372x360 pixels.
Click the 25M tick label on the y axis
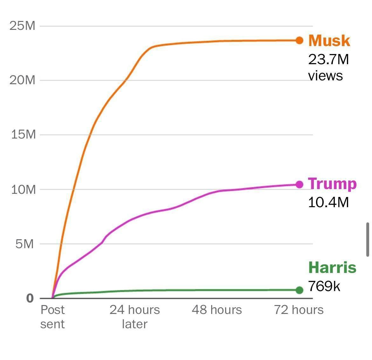click(x=22, y=26)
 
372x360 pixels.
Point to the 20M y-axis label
click(x=22, y=80)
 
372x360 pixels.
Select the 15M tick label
click(x=23, y=135)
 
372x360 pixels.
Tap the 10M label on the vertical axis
click(x=23, y=190)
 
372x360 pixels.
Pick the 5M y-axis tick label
click(x=24, y=244)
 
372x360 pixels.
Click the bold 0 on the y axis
click(x=30, y=298)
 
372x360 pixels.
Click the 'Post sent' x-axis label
click(x=52, y=317)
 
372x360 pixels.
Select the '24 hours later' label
click(x=134, y=317)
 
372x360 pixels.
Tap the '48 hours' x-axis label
click(x=217, y=310)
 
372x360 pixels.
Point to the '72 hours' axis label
click(x=299, y=310)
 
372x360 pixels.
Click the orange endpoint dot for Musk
click(x=299, y=40)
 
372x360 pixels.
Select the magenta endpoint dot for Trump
click(x=299, y=184)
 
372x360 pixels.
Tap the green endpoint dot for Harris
click(x=299, y=290)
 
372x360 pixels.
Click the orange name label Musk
click(x=329, y=41)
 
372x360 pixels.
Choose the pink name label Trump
click(x=332, y=184)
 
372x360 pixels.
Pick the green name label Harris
click(x=332, y=267)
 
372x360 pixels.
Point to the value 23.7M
click(x=328, y=59)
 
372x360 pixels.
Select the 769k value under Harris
click(x=324, y=286)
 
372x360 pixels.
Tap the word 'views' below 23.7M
click(x=325, y=76)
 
